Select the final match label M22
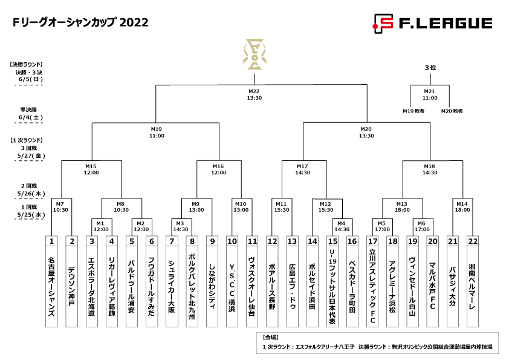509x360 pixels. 254,91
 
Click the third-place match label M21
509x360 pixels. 430,91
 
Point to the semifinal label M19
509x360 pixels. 156,129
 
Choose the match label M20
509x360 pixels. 366,129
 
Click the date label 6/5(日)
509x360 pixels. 30,79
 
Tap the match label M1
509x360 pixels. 100,223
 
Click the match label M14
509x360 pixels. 462,204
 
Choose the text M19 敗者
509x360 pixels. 414,111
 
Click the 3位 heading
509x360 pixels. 430,68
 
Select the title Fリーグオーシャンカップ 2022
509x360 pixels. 80,23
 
